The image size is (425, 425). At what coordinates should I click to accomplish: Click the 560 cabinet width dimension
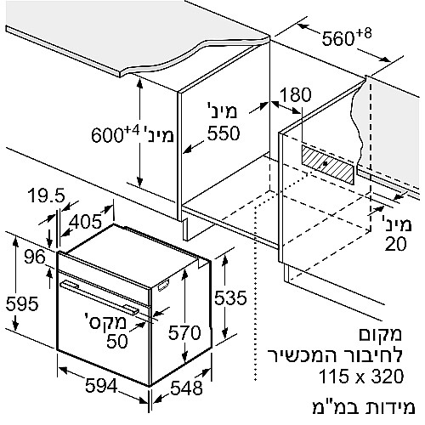pos(338,39)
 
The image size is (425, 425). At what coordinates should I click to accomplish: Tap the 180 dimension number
pos(296,94)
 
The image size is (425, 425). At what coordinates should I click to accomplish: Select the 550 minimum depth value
pos(224,133)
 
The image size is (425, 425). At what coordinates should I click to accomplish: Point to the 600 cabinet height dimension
pos(107,135)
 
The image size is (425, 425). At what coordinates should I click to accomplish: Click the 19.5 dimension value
pos(47,195)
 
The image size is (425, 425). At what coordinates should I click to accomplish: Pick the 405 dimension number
pos(85,221)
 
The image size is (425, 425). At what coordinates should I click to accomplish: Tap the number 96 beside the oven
pos(35,258)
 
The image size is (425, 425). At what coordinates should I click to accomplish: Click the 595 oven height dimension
pos(22,303)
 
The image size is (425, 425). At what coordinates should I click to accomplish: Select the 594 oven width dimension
pos(101,386)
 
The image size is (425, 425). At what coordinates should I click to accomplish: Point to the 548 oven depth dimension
pos(186,388)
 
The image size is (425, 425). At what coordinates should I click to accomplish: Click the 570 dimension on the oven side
pos(184,332)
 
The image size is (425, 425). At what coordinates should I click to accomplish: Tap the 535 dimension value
pos(230,297)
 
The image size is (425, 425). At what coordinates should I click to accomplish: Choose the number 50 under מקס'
pos(117,341)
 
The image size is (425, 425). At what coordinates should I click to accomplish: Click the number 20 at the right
pos(395,244)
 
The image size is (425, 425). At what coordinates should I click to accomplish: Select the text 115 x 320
pos(361,377)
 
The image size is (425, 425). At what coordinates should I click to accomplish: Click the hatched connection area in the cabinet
pos(328,165)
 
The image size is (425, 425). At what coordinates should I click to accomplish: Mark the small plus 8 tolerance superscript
pos(364,34)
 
